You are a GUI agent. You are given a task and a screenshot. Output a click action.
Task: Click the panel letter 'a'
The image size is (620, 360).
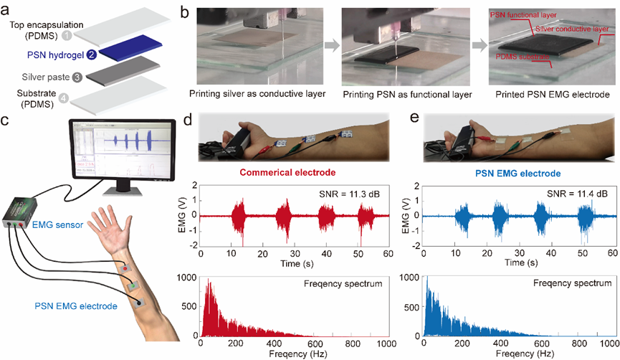tap(6, 12)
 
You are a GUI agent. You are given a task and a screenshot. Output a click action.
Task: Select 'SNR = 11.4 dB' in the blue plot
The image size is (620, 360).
tap(571, 193)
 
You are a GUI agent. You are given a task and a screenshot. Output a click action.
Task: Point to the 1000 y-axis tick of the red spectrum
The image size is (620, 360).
tap(188, 278)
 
